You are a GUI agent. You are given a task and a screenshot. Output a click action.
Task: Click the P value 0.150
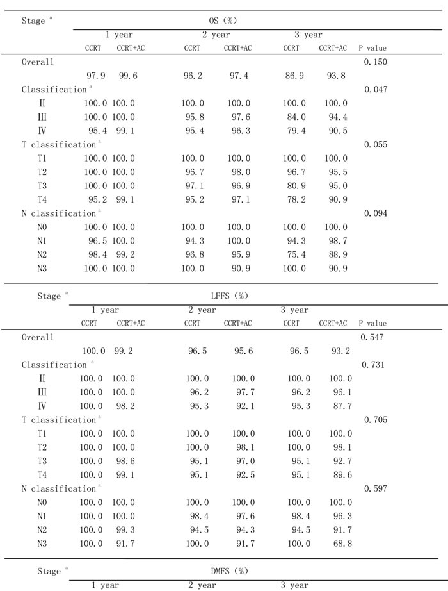(x=376, y=62)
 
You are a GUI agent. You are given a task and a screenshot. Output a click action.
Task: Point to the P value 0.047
(x=376, y=90)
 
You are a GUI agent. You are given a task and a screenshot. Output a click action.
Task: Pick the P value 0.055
(x=376, y=145)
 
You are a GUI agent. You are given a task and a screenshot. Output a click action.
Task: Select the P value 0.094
(x=376, y=213)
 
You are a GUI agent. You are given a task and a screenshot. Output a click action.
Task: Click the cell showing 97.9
(x=95, y=76)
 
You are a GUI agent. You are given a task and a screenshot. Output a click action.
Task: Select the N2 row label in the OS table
(x=43, y=254)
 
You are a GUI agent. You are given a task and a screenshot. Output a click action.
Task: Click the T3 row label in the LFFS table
(x=42, y=461)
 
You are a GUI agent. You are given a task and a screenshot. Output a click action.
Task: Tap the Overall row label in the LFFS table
(x=38, y=337)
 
